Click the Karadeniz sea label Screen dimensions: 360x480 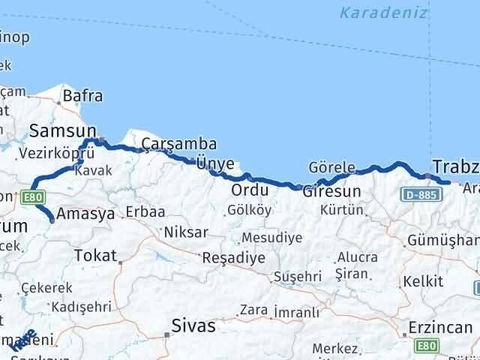click(382, 13)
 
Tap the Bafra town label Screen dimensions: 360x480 click(82, 96)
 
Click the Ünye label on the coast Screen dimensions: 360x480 click(214, 163)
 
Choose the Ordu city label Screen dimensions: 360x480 click(250, 190)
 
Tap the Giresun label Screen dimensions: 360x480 click(331, 191)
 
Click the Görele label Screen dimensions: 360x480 click(331, 167)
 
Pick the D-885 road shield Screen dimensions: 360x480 click(418, 195)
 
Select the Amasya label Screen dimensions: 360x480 click(85, 213)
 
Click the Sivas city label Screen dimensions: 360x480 click(193, 326)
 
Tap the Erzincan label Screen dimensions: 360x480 click(440, 328)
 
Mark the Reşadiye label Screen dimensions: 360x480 click(234, 258)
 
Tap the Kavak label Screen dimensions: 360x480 click(93, 171)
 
